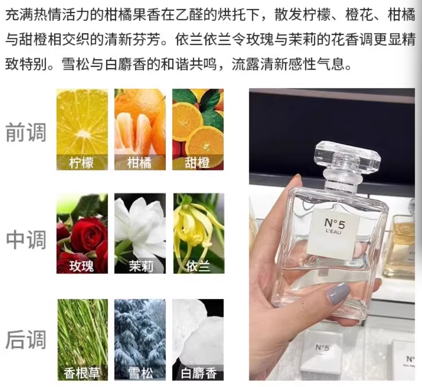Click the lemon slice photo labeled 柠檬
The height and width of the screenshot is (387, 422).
(82, 129)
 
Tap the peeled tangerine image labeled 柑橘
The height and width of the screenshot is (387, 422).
(140, 129)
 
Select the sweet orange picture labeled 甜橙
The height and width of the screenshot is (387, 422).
(198, 129)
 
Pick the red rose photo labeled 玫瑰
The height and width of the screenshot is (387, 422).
(82, 233)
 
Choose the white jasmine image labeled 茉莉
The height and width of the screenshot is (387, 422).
(140, 233)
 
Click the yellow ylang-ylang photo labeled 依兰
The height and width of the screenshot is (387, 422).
(198, 233)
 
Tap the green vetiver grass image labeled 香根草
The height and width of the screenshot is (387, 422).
(83, 340)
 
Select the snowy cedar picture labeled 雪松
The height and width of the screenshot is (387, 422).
(140, 340)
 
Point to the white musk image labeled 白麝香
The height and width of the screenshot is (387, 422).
(198, 340)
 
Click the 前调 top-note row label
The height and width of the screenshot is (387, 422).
(26, 132)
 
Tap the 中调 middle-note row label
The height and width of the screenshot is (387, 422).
(26, 239)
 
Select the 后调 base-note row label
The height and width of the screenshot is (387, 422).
(26, 340)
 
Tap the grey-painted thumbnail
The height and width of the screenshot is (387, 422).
(339, 293)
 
